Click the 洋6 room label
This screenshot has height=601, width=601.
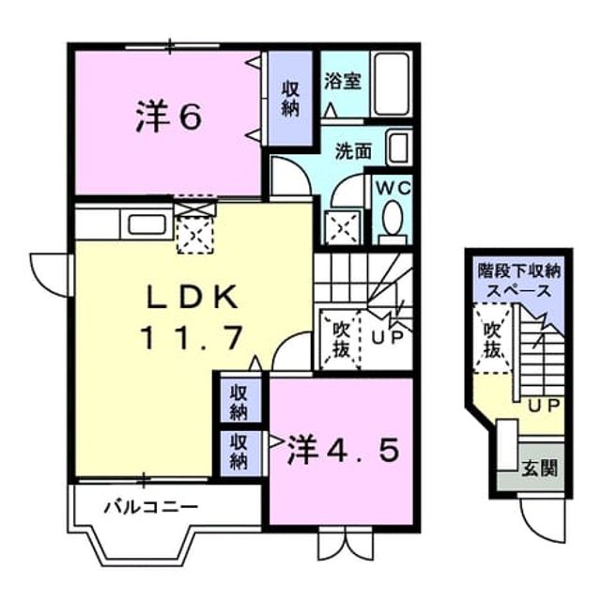point(169,116)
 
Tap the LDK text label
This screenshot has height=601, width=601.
point(193,298)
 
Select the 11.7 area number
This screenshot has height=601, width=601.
point(192,337)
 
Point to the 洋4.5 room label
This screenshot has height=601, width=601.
point(344,450)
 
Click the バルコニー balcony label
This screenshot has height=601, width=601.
point(151,507)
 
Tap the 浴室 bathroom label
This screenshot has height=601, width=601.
point(343,81)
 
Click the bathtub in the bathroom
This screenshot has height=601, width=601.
point(392,85)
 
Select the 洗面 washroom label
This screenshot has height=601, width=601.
point(353,151)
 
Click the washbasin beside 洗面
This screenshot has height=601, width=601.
point(399,147)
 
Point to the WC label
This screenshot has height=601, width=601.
point(393,188)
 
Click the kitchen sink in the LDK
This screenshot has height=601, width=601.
point(146,224)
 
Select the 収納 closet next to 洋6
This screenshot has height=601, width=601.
point(290,99)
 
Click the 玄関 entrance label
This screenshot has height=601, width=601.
point(539,468)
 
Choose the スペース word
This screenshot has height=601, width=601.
point(518,291)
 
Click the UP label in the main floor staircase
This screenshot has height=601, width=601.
point(388,336)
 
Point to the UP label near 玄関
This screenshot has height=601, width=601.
point(545,406)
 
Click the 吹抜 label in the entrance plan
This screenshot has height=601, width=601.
point(492,340)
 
